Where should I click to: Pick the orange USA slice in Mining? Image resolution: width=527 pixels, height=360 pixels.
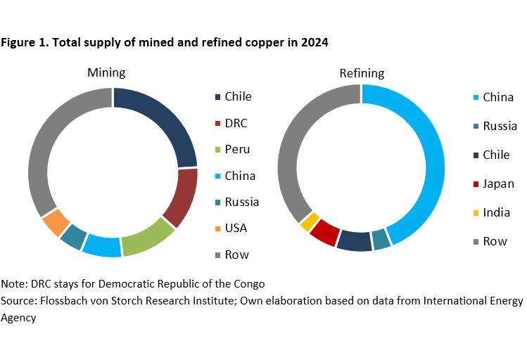(x=56, y=223)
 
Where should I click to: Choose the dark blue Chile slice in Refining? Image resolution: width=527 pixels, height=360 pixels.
(x=354, y=241)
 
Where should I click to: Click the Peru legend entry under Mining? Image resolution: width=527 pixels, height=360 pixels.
(x=236, y=149)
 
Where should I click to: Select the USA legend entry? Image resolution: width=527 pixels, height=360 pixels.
(x=235, y=228)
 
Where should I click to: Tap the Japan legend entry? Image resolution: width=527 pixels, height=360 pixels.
(x=497, y=184)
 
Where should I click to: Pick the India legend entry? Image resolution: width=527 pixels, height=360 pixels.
(x=495, y=212)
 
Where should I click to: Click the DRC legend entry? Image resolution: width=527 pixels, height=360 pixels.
(x=235, y=123)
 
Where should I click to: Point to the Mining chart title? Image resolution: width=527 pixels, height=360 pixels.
(x=107, y=73)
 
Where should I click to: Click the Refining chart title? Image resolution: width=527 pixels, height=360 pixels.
(x=362, y=73)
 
